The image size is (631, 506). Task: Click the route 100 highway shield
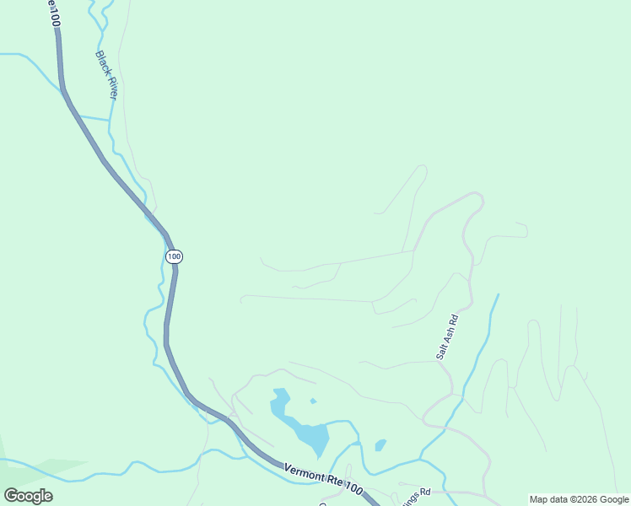pos(174,256)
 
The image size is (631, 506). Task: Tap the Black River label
pos(106,76)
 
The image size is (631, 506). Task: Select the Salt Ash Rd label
pos(447,337)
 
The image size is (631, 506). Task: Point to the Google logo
pos(28,496)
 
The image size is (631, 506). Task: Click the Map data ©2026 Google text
pos(579,499)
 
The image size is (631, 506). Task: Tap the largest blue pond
pos(310,437)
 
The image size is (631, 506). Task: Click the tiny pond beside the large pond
pos(313,401)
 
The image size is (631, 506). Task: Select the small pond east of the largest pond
pos(380,444)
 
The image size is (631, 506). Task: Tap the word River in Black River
pos(110,86)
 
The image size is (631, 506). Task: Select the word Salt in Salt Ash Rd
pos(440,352)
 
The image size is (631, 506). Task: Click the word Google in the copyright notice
pos(613,499)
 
